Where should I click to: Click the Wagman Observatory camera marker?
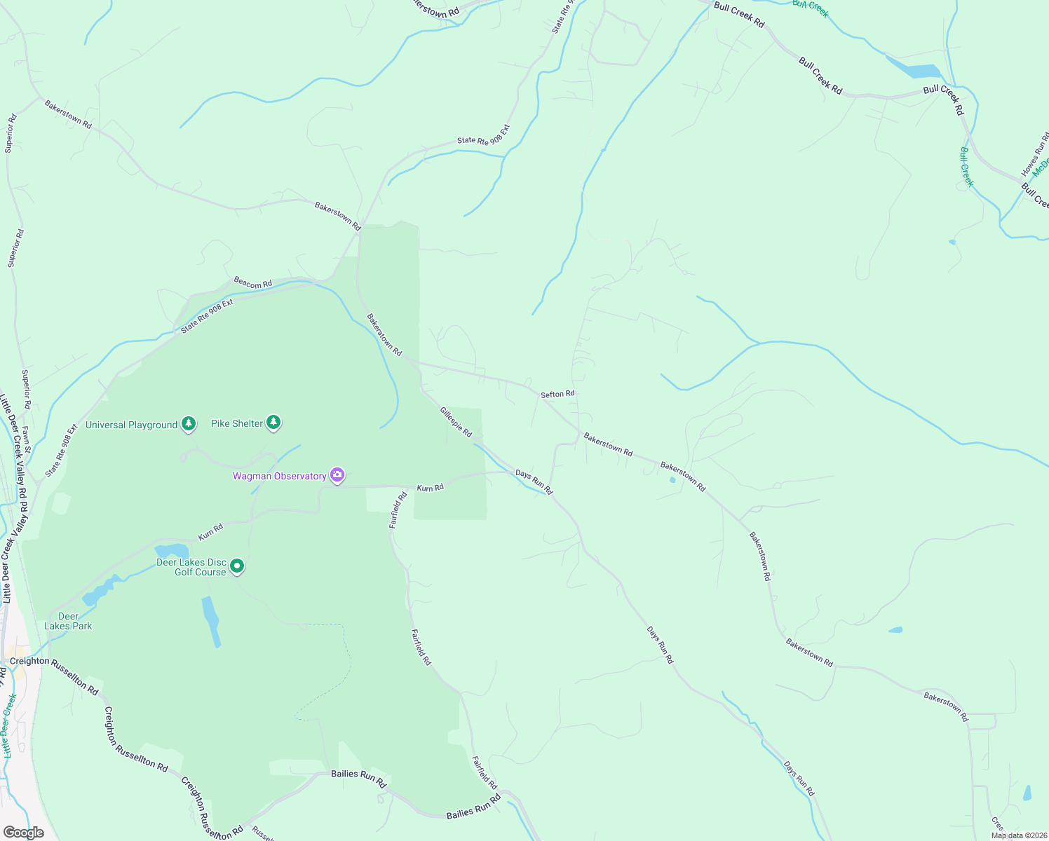click(337, 476)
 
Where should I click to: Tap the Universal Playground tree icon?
click(188, 423)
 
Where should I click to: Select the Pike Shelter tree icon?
click(273, 422)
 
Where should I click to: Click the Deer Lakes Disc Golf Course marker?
click(237, 566)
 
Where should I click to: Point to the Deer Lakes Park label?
click(68, 621)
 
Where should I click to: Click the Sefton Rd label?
click(557, 394)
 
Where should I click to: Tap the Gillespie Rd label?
click(456, 421)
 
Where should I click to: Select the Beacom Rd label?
click(252, 282)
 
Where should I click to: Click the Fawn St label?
click(27, 439)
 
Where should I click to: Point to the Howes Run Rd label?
click(1035, 154)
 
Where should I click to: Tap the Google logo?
click(23, 832)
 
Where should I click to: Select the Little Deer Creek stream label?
click(8, 725)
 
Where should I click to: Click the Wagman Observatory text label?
click(280, 477)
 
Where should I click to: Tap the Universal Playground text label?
click(131, 425)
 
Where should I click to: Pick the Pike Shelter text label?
click(237, 423)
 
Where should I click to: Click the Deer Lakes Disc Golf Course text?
click(191, 567)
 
